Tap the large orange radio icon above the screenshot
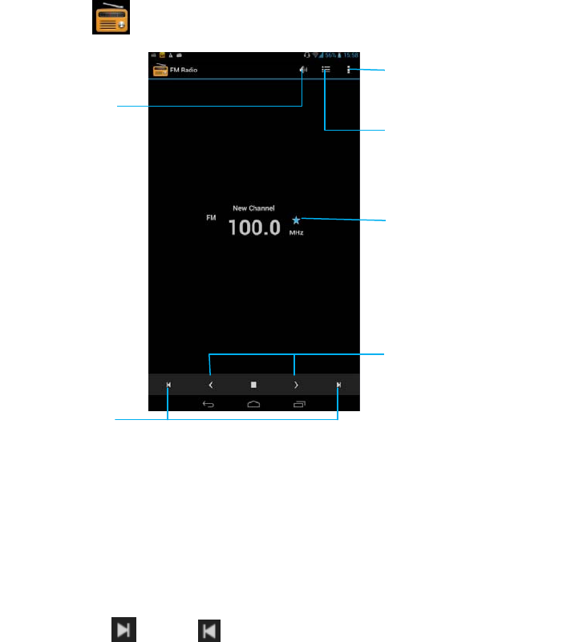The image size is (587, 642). (x=111, y=18)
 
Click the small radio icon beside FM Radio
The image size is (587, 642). (x=160, y=69)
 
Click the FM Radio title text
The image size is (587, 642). (x=183, y=71)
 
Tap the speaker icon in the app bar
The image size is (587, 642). (x=303, y=70)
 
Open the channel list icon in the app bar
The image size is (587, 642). (x=326, y=70)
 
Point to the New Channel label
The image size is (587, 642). (x=253, y=208)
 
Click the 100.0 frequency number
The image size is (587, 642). (x=253, y=227)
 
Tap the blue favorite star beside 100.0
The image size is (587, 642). (x=296, y=219)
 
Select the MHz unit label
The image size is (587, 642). (x=297, y=232)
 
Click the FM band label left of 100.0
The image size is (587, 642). (x=212, y=217)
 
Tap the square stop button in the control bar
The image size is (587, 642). (x=253, y=385)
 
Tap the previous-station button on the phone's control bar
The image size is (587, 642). (x=168, y=385)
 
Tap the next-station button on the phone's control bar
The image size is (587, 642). (x=338, y=385)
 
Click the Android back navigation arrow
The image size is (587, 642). (x=208, y=403)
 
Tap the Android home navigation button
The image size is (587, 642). (x=253, y=403)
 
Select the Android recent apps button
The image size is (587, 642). (x=299, y=403)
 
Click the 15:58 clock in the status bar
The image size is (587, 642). (x=351, y=57)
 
